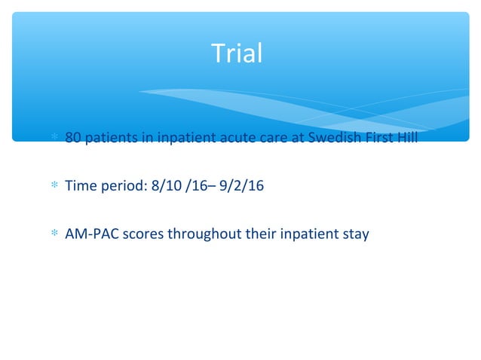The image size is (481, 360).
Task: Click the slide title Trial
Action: (x=237, y=54)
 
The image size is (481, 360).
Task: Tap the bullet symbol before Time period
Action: (x=54, y=187)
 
